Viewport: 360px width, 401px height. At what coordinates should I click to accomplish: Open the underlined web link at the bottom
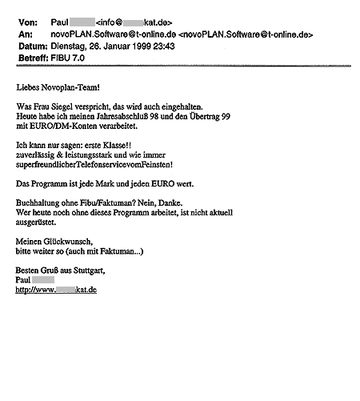[x=56, y=290]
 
